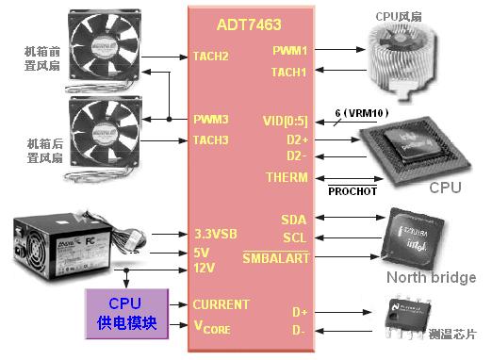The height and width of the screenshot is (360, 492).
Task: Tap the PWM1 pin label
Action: (x=289, y=50)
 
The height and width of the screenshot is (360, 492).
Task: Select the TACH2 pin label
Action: (x=211, y=56)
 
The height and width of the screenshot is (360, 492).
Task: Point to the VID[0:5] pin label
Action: (x=285, y=121)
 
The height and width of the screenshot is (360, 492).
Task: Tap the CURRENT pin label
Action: (x=221, y=304)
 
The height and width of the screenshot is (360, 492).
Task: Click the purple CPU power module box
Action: (x=125, y=314)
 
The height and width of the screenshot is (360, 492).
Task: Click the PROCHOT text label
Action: (x=352, y=191)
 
